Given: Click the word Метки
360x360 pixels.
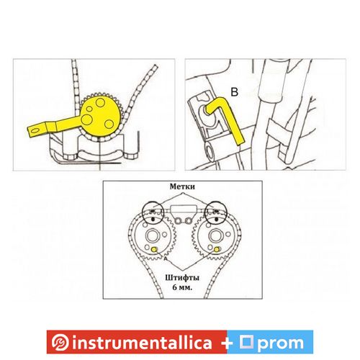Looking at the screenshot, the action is click(x=182, y=186).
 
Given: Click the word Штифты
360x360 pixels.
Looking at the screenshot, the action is click(x=182, y=278).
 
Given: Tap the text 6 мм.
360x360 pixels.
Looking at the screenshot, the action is click(x=182, y=287).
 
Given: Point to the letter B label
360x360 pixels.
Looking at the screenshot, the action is click(x=234, y=92).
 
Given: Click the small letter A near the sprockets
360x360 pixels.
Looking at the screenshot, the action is click(x=165, y=258).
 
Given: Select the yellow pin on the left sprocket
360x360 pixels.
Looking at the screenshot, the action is click(x=153, y=249).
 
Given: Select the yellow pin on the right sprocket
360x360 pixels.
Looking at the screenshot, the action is click(x=217, y=249).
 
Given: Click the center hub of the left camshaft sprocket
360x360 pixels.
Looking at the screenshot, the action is click(x=152, y=236).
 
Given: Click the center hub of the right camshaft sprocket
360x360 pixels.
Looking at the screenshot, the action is click(x=215, y=236).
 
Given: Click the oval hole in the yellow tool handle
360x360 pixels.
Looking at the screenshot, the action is click(x=35, y=130).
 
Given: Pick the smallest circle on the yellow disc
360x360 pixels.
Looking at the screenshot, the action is click(x=89, y=109).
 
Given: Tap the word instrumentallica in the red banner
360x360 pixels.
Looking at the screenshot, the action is click(x=142, y=343).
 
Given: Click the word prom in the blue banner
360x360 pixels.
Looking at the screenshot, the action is click(x=282, y=343).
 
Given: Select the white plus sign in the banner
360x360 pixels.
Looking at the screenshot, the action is click(x=227, y=343).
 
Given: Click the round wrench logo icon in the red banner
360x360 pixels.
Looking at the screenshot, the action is click(x=60, y=342).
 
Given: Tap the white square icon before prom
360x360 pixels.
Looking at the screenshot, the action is click(x=247, y=341).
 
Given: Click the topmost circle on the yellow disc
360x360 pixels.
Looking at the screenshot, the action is click(x=99, y=103).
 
